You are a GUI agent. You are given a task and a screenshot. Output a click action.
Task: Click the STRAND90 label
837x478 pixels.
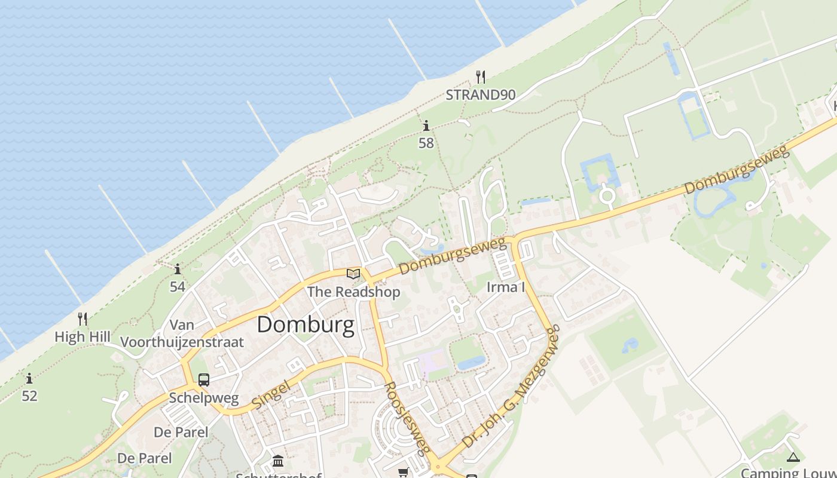tap(480, 94)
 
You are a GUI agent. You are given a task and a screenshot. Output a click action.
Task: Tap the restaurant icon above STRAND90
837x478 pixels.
tap(480, 76)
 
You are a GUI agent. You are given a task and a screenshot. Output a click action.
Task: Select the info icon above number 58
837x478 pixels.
tap(426, 125)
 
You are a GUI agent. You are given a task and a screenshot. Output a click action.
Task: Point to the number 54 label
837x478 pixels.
tap(178, 287)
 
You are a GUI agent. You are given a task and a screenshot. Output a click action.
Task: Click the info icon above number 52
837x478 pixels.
tap(29, 378)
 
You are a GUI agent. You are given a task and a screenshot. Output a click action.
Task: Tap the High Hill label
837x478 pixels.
tap(83, 337)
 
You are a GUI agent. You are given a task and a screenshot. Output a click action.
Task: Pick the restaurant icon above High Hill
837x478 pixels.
tap(83, 319)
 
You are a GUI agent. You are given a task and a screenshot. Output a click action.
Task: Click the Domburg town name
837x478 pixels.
tap(306, 325)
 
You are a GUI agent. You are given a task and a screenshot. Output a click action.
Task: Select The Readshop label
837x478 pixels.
tap(353, 292)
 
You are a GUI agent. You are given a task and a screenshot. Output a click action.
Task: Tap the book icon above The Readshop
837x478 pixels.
tap(353, 274)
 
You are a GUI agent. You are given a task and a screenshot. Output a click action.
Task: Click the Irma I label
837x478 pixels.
tap(506, 287)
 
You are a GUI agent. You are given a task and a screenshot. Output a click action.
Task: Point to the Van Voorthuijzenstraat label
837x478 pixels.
tap(182, 334)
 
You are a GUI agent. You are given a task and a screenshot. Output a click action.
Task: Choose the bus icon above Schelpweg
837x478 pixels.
tap(204, 380)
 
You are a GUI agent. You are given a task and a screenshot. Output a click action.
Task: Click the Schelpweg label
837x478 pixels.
tap(204, 398)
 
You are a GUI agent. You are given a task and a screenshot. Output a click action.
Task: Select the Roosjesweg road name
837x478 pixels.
tap(407, 418)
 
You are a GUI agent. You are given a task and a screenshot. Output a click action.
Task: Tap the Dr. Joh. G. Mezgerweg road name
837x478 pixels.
tap(512, 388)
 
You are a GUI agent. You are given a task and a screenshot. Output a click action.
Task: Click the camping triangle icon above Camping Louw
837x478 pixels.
tap(793, 458)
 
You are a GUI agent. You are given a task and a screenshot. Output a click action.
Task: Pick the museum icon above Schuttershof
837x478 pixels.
tap(278, 461)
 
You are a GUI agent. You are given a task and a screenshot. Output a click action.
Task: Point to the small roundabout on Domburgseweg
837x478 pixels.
tap(607, 195)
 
